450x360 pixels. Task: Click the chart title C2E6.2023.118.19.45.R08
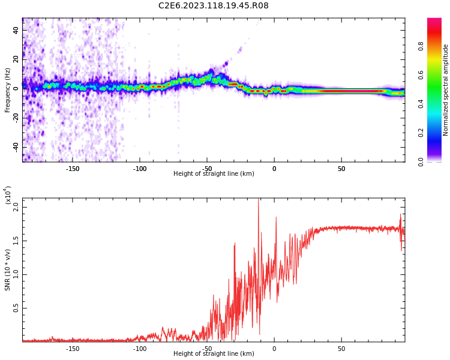pos(214,5)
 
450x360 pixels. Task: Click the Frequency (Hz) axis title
pos(8,90)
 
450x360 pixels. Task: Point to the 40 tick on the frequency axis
pos(17,30)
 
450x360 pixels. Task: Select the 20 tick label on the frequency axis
pos(17,59)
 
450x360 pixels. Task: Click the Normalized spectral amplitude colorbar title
pos(446,90)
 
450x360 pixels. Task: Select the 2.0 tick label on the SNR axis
pos(17,207)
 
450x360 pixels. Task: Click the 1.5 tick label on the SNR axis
pos(17,241)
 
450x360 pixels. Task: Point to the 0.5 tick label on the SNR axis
pos(17,308)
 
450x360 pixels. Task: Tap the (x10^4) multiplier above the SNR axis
pos(8,195)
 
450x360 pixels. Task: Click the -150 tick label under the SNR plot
pos(72,349)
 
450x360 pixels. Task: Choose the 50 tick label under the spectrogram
pos(341,169)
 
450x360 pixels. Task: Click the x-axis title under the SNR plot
pos(214,354)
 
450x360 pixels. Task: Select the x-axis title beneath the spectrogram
pos(214,174)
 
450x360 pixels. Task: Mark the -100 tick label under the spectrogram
pos(139,169)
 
